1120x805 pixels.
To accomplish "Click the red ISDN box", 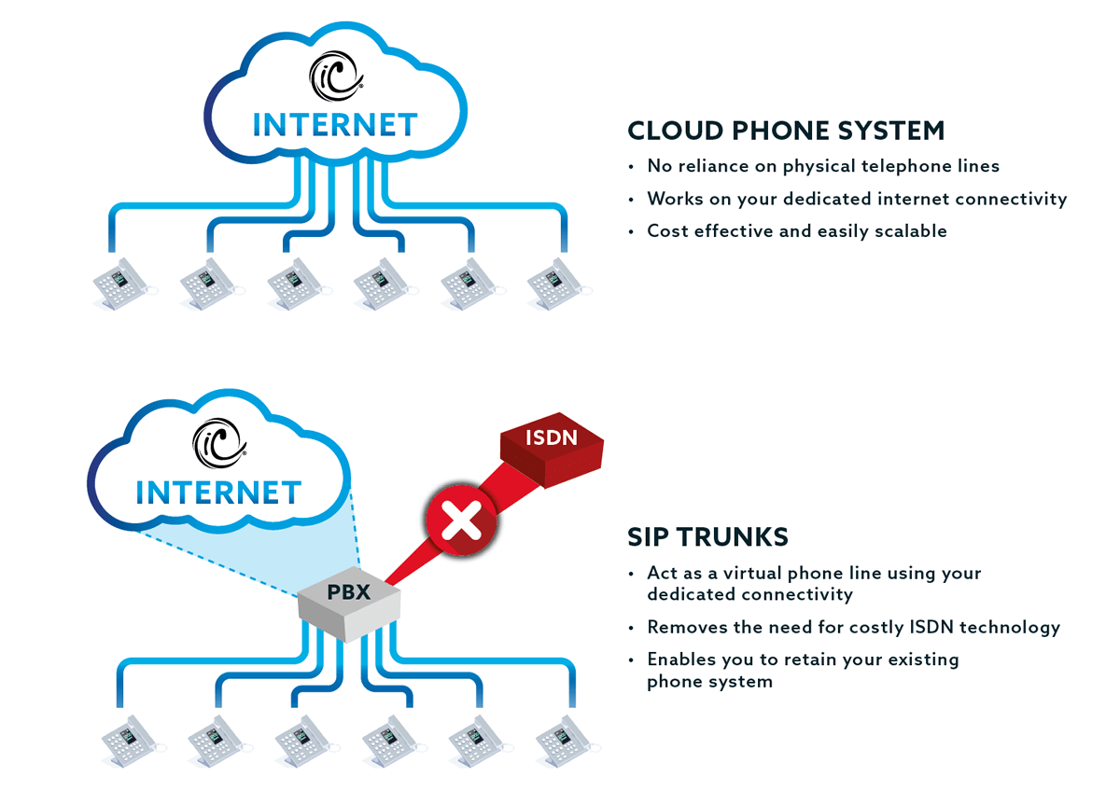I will pyautogui.click(x=552, y=451).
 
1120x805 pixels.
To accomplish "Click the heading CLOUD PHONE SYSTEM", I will pyautogui.click(x=786, y=131).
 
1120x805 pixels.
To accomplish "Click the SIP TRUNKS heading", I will pyautogui.click(x=707, y=537).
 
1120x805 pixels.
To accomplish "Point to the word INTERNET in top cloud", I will pyautogui.click(x=335, y=125).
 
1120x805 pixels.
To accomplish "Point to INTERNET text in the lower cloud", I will pyautogui.click(x=218, y=492).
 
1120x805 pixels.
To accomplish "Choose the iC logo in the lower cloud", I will pyautogui.click(x=218, y=442).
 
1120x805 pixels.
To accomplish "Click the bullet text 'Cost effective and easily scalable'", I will pyautogui.click(x=796, y=231).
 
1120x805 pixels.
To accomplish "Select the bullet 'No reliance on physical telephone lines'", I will pyautogui.click(x=822, y=166).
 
